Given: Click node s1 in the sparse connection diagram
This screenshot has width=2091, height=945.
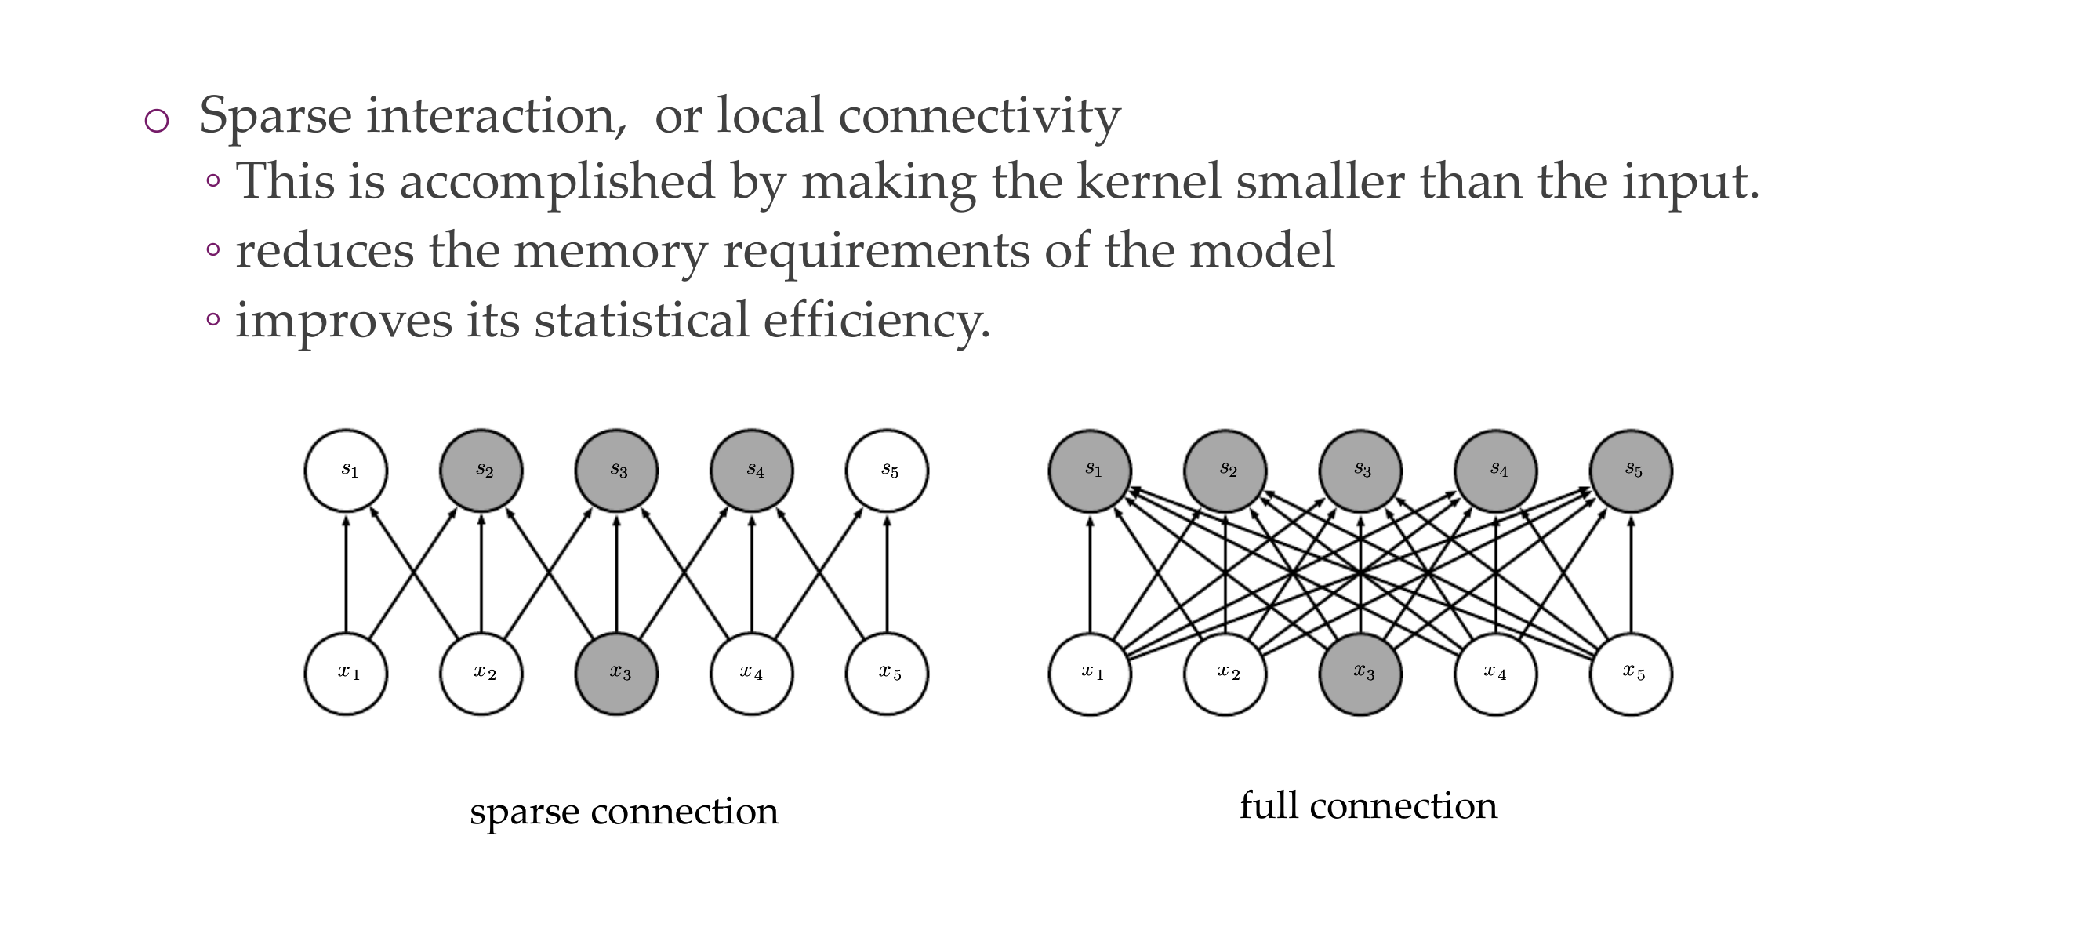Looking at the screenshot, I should (346, 471).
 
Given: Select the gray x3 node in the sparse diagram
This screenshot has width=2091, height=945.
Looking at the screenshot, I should (616, 674).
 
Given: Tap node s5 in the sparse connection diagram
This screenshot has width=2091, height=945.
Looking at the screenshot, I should (887, 471).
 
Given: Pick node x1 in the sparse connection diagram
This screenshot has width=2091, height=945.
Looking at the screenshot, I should (346, 674).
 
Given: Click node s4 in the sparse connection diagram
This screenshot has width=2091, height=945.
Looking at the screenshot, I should (752, 471).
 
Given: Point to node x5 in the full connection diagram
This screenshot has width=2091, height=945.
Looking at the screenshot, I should (1631, 674).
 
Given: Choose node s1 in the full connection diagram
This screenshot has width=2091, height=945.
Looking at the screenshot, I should (1089, 471).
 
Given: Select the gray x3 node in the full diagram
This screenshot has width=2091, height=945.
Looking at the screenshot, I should (1360, 674).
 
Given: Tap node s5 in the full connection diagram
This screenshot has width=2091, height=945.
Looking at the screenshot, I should (1631, 471).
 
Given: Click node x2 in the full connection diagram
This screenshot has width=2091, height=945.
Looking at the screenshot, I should (1225, 674).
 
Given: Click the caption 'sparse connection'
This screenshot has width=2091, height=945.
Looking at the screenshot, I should (623, 811).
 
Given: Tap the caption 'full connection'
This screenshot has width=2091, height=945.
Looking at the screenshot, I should (1368, 805).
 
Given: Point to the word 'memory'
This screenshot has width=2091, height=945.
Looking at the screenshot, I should (611, 250).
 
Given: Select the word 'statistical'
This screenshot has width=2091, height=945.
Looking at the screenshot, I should (641, 320).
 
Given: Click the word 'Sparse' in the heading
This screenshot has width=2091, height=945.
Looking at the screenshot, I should (275, 115).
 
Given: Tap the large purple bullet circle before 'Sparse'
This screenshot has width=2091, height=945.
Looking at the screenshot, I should (157, 121).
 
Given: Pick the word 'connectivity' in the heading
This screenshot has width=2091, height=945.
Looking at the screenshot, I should (979, 115).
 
